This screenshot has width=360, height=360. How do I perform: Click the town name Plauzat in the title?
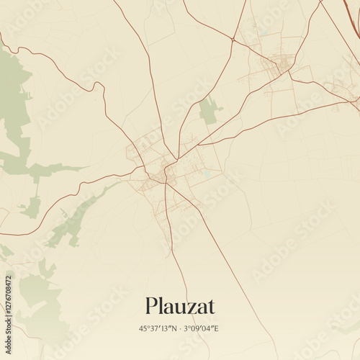point(180,306)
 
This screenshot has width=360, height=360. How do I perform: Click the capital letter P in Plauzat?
point(150,306)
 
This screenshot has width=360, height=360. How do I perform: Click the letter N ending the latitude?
point(176,329)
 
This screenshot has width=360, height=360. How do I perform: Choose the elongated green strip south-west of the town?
point(79,216)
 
